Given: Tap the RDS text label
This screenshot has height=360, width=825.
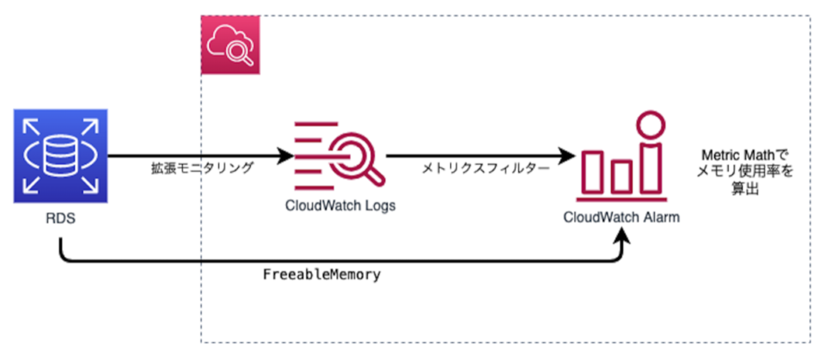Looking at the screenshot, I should (60, 219).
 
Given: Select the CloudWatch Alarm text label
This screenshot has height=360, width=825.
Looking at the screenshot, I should (621, 217).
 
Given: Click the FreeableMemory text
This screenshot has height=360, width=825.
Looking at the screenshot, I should (321, 276).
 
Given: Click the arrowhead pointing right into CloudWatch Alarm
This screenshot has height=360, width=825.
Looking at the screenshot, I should (565, 157).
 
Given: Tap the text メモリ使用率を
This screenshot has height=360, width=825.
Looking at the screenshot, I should (744, 171).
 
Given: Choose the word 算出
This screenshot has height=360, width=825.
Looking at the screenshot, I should (744, 189).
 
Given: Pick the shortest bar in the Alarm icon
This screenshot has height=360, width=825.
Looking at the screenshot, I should (621, 179).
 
